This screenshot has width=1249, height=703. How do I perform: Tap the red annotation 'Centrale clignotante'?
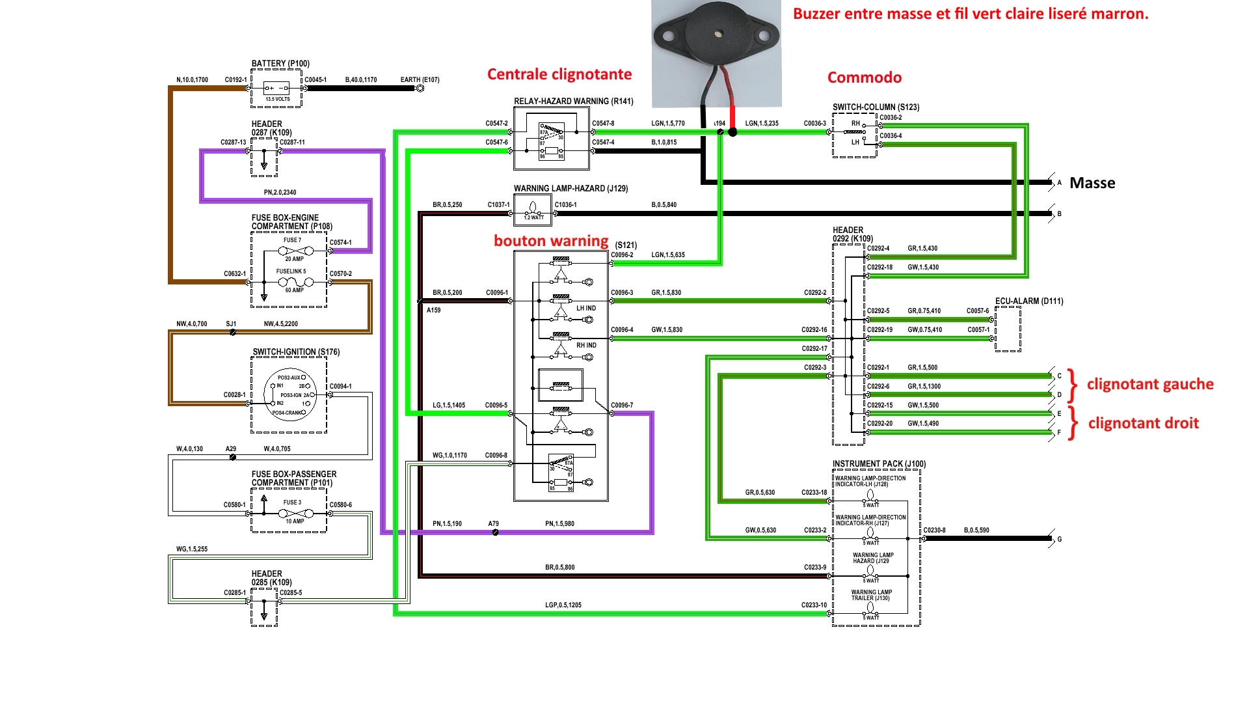[x=559, y=74]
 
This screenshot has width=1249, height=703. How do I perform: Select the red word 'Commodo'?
[x=864, y=77]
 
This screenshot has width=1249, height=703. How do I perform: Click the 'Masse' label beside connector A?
[x=1092, y=183]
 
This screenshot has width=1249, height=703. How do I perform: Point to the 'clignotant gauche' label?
[x=1149, y=384]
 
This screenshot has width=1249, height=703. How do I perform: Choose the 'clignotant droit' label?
[x=1143, y=423]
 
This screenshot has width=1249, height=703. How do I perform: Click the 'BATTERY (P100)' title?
[x=280, y=64]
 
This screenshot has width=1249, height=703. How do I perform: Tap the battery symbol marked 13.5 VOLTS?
[x=276, y=89]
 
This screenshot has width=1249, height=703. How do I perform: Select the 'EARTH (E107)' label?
[x=420, y=80]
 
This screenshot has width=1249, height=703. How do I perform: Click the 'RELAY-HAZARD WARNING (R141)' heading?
[x=573, y=101]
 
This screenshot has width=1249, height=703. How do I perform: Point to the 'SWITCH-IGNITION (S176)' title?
[x=296, y=352]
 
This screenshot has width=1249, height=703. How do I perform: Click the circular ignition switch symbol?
[x=290, y=394]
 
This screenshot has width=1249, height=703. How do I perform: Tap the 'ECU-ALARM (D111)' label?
[x=1029, y=301]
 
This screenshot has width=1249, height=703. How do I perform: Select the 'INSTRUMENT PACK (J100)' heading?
[x=879, y=464]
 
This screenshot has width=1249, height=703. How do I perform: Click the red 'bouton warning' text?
[x=551, y=241]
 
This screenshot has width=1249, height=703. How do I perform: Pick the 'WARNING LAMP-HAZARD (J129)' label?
[x=571, y=189]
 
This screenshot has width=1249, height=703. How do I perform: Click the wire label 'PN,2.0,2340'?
[x=280, y=193]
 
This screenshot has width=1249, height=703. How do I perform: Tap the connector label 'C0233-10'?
[x=814, y=605]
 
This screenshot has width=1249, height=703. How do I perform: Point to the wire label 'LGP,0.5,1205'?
[x=563, y=605]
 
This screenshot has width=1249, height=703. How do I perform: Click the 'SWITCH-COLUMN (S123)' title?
[x=876, y=107]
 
